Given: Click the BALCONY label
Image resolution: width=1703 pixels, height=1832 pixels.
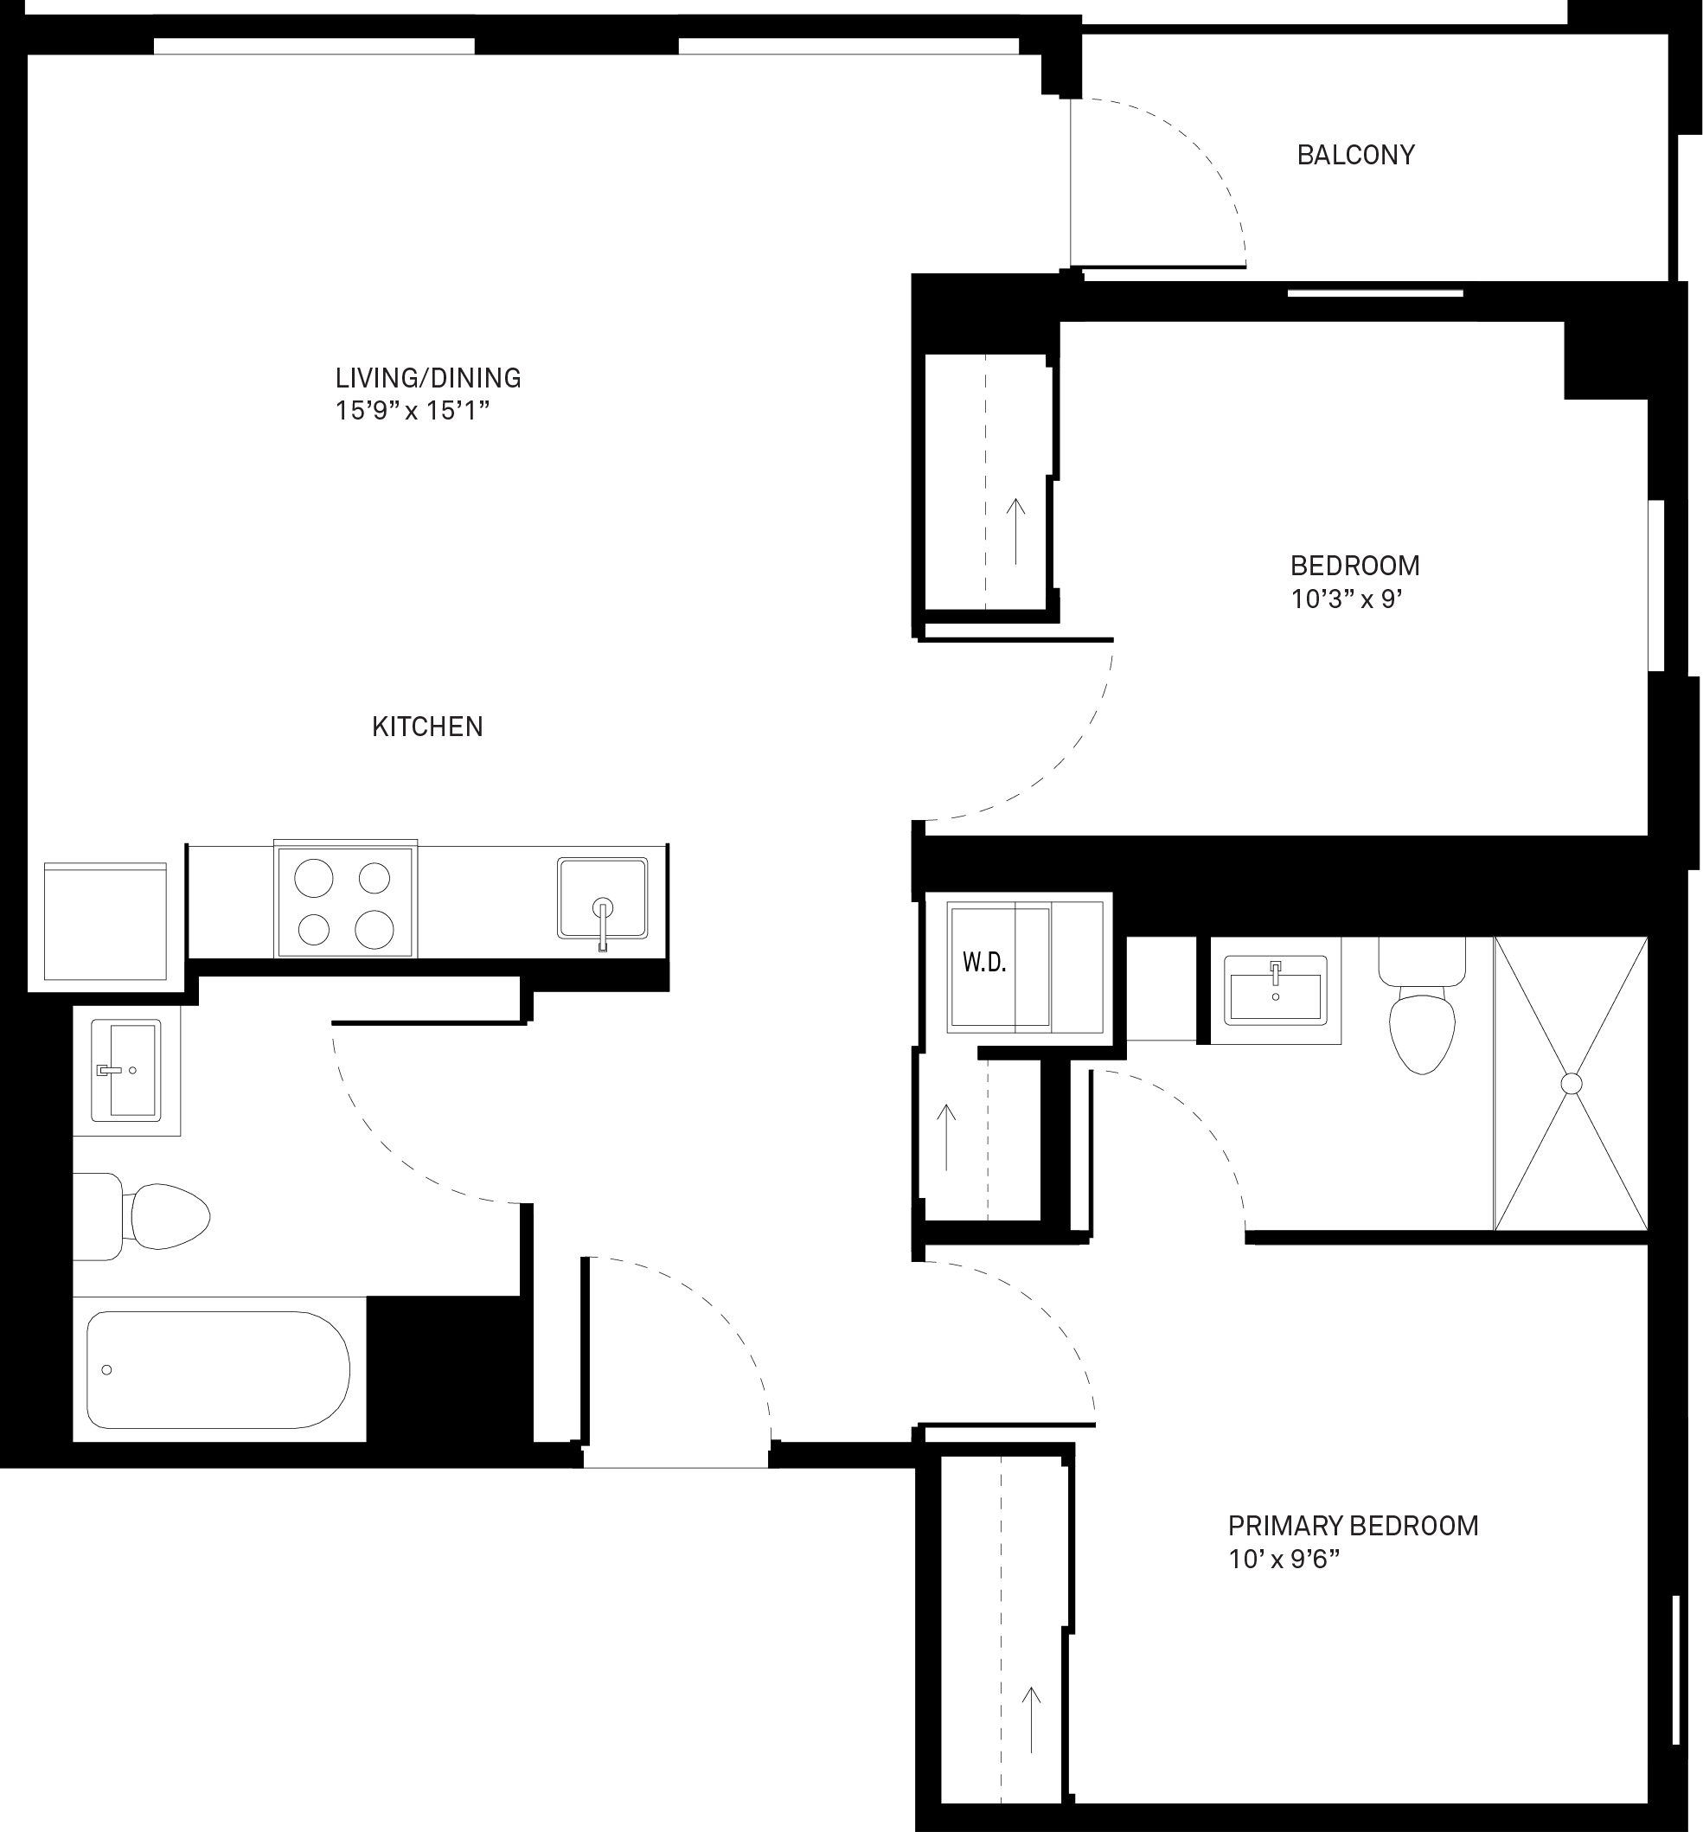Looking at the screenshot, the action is click(x=1355, y=155).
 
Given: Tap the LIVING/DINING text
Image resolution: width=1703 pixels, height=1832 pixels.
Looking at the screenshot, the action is click(x=428, y=378).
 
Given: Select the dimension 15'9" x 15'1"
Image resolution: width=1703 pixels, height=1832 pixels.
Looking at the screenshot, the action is click(x=412, y=411).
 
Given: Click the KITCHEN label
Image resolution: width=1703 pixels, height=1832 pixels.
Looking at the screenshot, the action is click(x=427, y=727).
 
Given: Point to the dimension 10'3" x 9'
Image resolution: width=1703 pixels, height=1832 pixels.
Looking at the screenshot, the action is click(x=1347, y=599).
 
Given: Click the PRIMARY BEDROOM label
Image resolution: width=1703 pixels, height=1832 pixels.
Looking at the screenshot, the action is click(x=1354, y=1526).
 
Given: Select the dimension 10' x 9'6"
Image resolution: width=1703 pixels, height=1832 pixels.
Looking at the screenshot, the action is click(x=1284, y=1560).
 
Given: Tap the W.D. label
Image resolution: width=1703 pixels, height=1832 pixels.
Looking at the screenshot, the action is click(x=984, y=963).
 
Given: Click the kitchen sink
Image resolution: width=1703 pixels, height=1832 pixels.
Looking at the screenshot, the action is click(x=603, y=899).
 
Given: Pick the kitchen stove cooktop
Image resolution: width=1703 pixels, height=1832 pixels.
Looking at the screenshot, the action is click(x=346, y=899).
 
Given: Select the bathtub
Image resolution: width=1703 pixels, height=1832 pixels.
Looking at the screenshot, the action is click(x=219, y=1369).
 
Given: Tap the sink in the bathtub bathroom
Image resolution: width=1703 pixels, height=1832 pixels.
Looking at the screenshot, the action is click(x=126, y=1070).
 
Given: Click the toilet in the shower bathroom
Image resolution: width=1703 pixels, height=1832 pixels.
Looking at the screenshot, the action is click(x=1422, y=1006).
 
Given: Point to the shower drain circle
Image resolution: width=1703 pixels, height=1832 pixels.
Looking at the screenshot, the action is click(x=1572, y=1084).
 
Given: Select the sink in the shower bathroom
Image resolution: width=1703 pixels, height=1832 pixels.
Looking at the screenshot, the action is click(x=1276, y=990).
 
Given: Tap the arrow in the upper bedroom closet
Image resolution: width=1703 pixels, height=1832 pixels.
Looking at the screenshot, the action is click(x=1015, y=531).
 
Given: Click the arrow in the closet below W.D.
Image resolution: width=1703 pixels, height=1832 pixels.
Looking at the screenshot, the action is click(x=946, y=1137).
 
